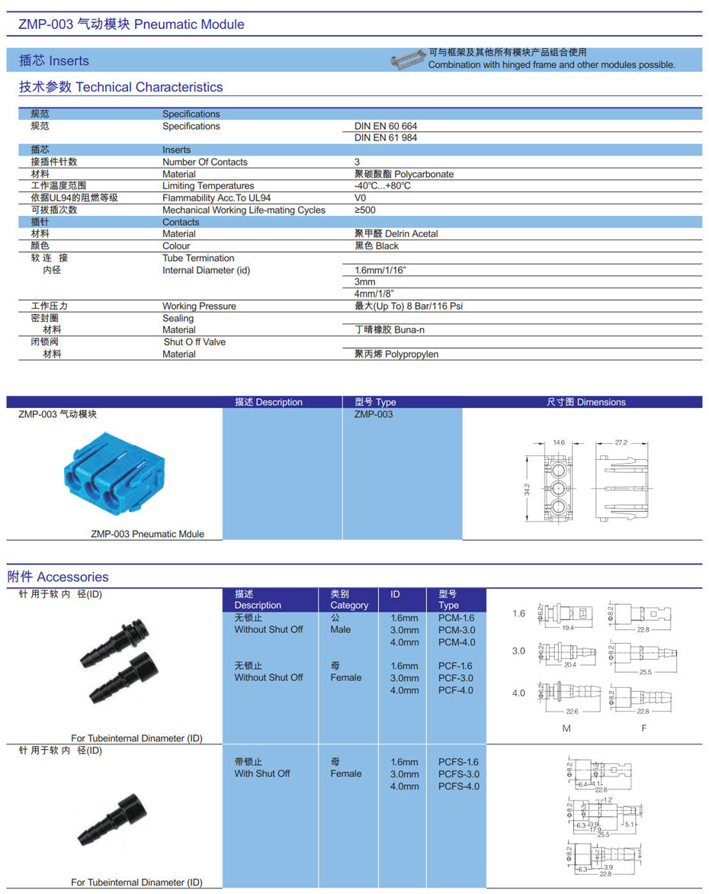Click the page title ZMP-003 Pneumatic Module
131,24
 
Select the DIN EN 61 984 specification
386,138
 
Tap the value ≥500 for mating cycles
365,210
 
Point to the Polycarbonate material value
404,174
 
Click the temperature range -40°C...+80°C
383,186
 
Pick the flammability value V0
361,198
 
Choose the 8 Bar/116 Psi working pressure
409,306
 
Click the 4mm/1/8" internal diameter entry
374,294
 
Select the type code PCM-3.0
457,630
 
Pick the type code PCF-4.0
456,690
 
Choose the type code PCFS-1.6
459,762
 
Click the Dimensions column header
585,402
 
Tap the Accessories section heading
58,577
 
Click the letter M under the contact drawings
566,728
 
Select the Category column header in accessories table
349,600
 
